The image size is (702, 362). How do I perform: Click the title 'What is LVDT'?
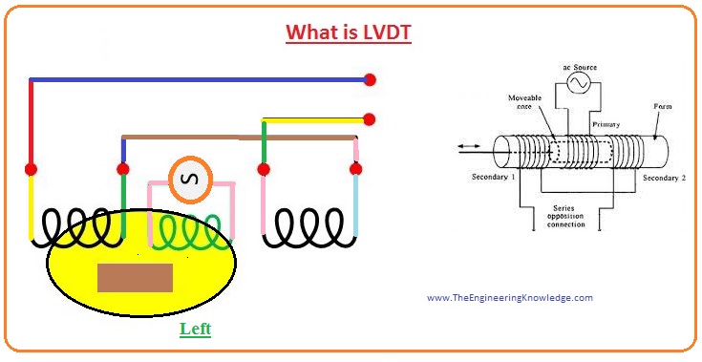point(350,32)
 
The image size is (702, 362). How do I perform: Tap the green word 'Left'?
point(195,329)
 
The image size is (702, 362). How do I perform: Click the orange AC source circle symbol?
point(189,178)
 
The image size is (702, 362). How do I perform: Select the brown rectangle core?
point(135,277)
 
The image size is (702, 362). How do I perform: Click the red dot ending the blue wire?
point(370,79)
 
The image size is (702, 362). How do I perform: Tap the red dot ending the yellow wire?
point(370,119)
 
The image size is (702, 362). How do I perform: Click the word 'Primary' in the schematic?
point(606,124)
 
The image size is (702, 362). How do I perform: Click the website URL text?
point(509,297)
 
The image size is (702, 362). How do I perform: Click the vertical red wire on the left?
point(32,124)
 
